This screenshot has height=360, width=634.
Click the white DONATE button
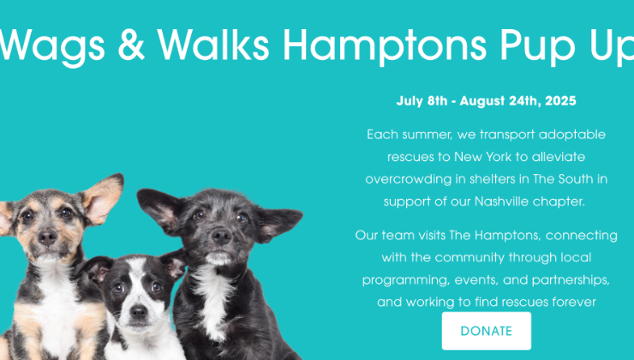pos(486,331)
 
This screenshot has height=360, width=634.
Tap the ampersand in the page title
pos(131,45)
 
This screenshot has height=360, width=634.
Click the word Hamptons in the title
pos(385,45)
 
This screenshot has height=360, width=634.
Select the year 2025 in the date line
pos(560,101)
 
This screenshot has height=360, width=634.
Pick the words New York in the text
pos(482,157)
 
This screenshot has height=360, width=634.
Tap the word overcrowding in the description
pos(409,179)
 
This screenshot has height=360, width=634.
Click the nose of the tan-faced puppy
pos(47,237)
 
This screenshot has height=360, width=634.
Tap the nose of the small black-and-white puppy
pos(138,311)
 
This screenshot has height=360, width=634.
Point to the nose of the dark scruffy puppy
pos(222,236)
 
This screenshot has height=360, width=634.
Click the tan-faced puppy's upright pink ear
pos(103,198)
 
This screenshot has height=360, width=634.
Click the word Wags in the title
pos(51,45)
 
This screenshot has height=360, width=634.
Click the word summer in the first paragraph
pos(427,135)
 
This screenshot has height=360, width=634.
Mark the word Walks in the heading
pos(213,45)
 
